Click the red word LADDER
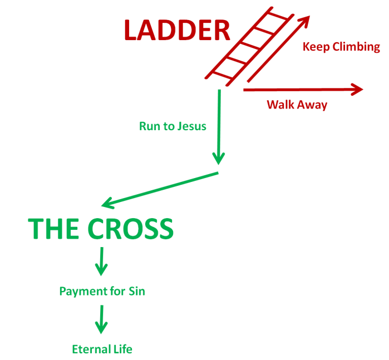(x=176, y=31)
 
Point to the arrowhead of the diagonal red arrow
(x=306, y=21)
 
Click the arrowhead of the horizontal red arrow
(x=357, y=89)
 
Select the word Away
(x=312, y=105)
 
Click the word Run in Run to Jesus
(x=149, y=126)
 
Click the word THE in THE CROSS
(x=52, y=229)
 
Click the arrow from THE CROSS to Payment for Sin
(x=101, y=261)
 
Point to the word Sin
(x=136, y=291)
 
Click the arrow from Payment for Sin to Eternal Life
(x=101, y=318)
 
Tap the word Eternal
(x=90, y=349)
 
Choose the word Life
(x=122, y=349)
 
